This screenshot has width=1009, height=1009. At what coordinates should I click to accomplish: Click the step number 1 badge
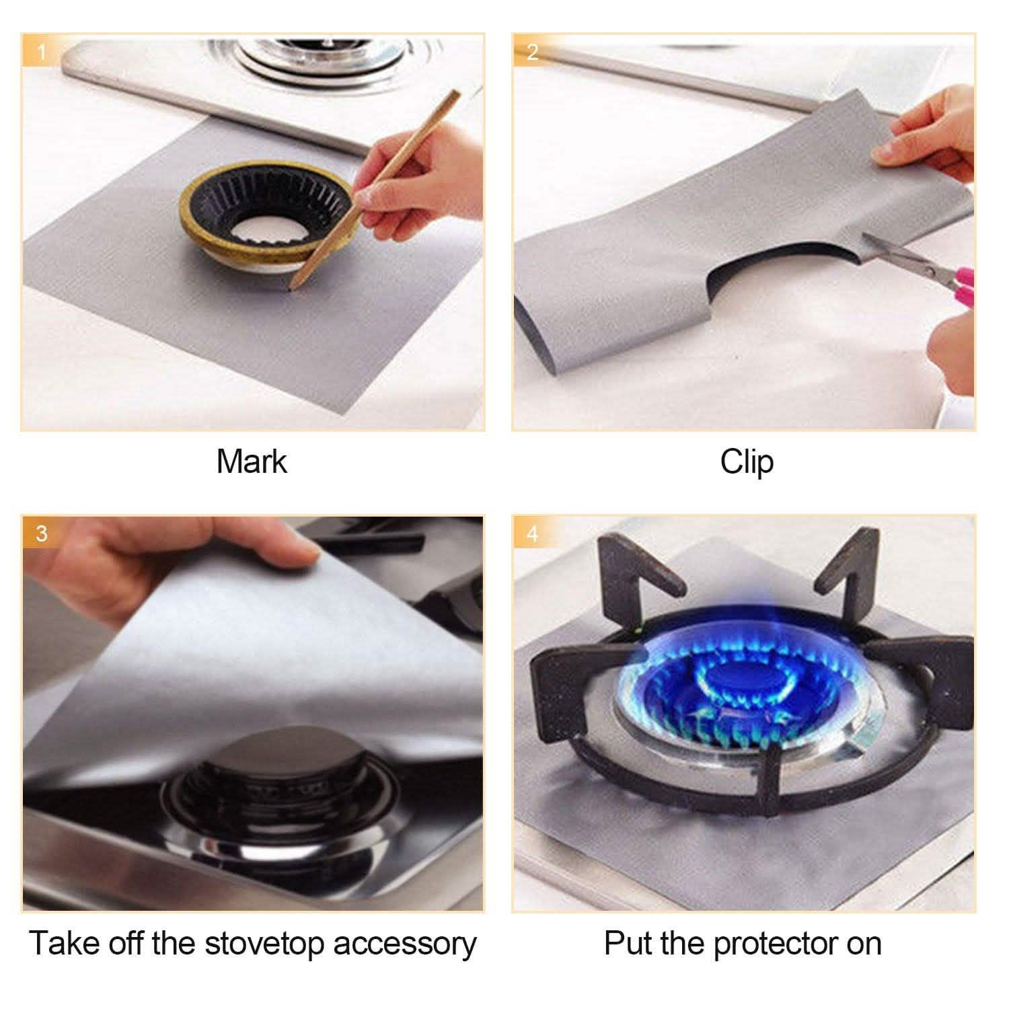click(x=42, y=52)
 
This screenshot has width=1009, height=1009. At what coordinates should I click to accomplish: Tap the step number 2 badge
click(x=532, y=52)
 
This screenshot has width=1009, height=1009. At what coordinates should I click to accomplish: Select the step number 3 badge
click(x=42, y=533)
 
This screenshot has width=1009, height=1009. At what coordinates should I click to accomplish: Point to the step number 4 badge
click(x=532, y=533)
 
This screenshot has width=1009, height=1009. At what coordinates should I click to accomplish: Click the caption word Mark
click(x=252, y=462)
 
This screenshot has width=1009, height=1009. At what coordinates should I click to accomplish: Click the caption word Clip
click(x=746, y=462)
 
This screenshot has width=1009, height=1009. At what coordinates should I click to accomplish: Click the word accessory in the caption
click(x=404, y=943)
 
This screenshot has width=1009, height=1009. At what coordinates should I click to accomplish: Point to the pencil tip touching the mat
click(x=291, y=288)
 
